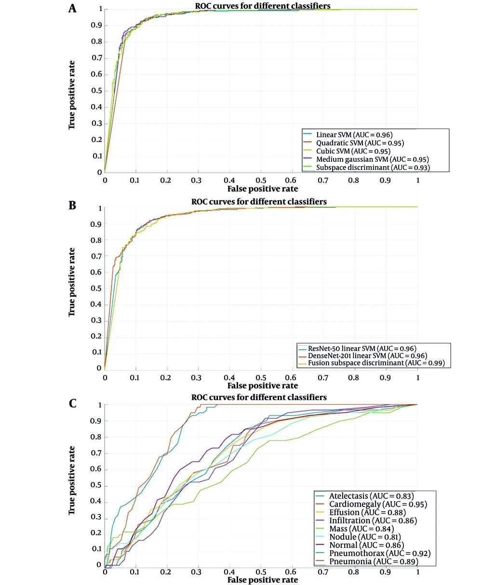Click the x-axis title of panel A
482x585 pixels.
pyautogui.click(x=262, y=189)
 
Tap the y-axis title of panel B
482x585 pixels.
pyautogui.click(x=72, y=282)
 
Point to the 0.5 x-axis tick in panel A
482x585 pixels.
pyautogui.click(x=261, y=179)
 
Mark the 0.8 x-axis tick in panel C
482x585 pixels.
pyautogui.click(x=355, y=572)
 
